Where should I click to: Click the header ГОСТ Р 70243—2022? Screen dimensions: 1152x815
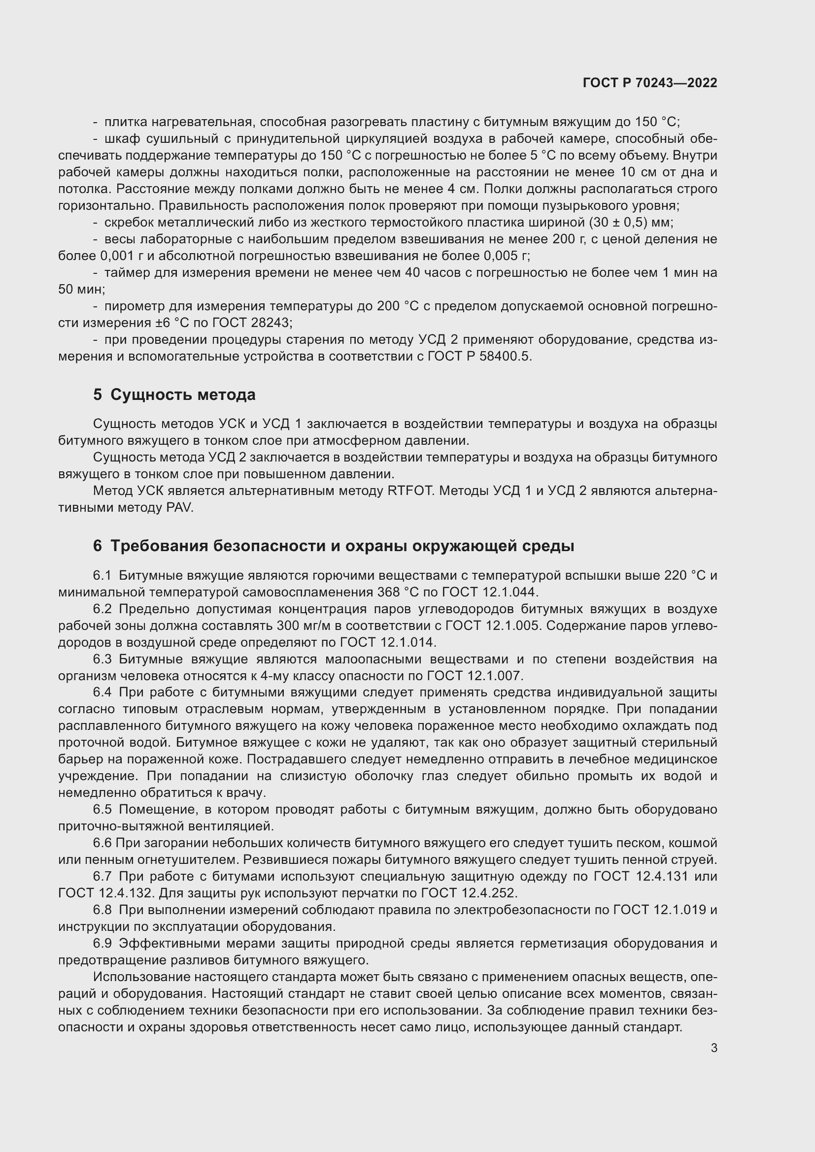(650, 83)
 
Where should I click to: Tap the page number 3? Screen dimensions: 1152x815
(713, 1048)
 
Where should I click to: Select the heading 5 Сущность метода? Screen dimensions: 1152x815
(174, 395)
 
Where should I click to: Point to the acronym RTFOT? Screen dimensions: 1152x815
(410, 491)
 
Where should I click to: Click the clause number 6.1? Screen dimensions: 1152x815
(102, 575)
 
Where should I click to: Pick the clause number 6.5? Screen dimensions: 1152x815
(102, 809)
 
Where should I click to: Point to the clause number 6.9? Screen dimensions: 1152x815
(102, 943)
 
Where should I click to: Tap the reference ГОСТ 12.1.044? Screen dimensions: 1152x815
(489, 592)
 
